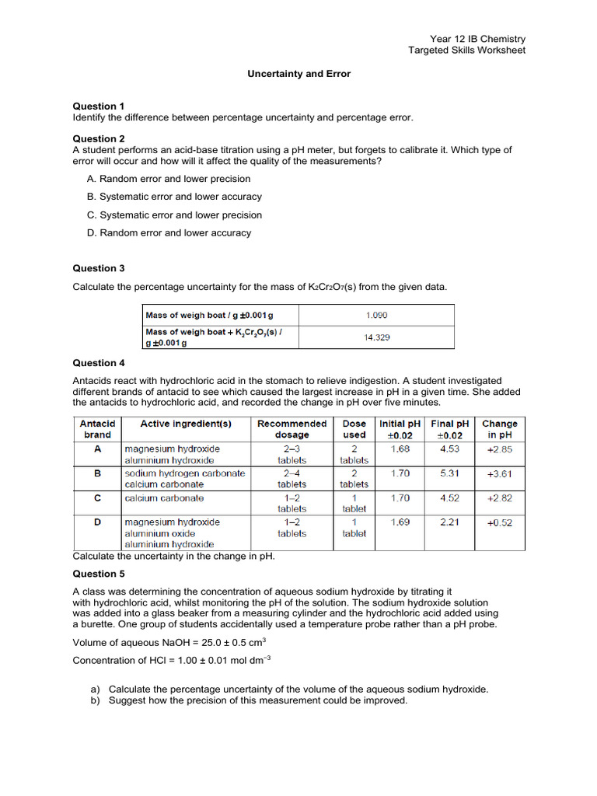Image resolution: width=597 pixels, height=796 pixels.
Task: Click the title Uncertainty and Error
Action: (x=298, y=74)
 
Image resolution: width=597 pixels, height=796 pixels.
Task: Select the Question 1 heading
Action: (x=99, y=106)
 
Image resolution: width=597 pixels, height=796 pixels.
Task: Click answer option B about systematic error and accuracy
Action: (x=174, y=197)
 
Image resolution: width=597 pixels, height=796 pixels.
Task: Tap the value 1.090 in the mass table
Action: (x=376, y=316)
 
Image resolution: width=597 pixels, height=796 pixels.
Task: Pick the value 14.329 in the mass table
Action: (x=376, y=337)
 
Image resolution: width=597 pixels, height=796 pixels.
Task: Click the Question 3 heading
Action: (x=99, y=268)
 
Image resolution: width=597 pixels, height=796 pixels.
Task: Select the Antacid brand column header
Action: (x=97, y=429)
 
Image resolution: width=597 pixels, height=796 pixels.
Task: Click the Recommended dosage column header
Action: (x=292, y=429)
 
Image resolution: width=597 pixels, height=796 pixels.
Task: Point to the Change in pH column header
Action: (x=499, y=429)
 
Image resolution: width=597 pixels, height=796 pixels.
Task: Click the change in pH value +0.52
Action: (x=499, y=522)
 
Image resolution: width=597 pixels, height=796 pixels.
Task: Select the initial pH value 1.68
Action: (x=400, y=449)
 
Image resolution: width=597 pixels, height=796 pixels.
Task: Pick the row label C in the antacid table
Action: (x=97, y=497)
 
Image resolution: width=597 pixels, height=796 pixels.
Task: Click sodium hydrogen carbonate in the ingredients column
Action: (x=184, y=473)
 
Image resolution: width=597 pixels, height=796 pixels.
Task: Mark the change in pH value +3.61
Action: (x=499, y=473)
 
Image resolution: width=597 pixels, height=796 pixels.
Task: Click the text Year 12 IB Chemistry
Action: (x=477, y=39)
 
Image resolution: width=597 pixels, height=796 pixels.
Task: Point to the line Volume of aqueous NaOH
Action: (x=169, y=642)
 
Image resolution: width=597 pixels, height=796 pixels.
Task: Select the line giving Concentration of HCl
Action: (x=171, y=660)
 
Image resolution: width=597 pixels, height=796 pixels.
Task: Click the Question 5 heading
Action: (x=99, y=574)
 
